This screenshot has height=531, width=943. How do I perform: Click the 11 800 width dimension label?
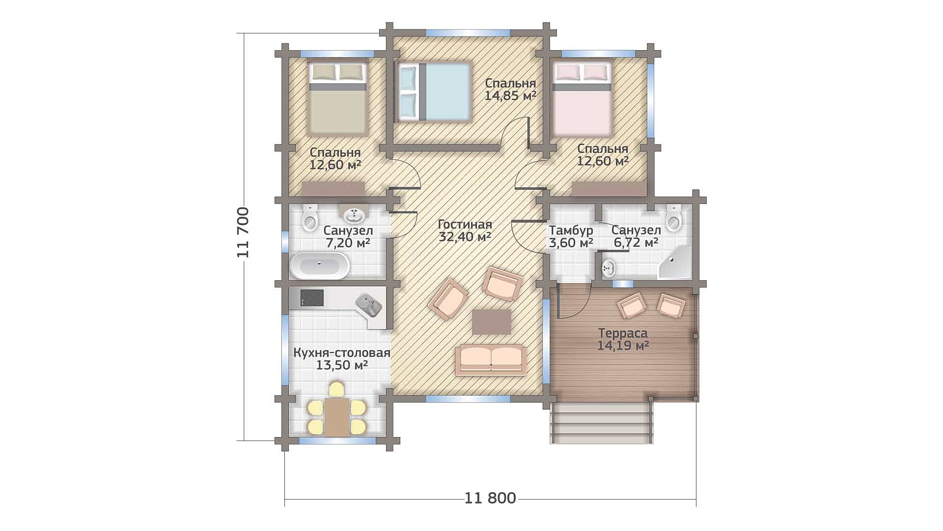[x=490, y=498]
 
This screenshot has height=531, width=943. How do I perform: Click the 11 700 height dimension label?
[x=244, y=233]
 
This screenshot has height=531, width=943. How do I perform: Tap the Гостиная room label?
[x=465, y=225]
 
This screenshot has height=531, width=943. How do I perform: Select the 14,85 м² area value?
[x=510, y=95]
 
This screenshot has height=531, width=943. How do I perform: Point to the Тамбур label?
[x=571, y=230]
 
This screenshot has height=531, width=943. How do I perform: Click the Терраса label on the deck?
[x=623, y=333]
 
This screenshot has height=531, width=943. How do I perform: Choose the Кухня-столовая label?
[x=342, y=353]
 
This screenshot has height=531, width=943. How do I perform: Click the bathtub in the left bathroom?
[x=319, y=266]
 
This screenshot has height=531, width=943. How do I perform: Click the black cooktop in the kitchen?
[x=312, y=297]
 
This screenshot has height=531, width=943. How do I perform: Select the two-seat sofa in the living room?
[x=491, y=360]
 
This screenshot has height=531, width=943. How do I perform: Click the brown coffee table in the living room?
[x=492, y=322]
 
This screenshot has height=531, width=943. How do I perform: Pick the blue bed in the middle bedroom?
[x=434, y=92]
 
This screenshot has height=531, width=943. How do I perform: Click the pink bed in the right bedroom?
[x=582, y=97]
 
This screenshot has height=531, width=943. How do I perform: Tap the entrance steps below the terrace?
[x=602, y=422]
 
